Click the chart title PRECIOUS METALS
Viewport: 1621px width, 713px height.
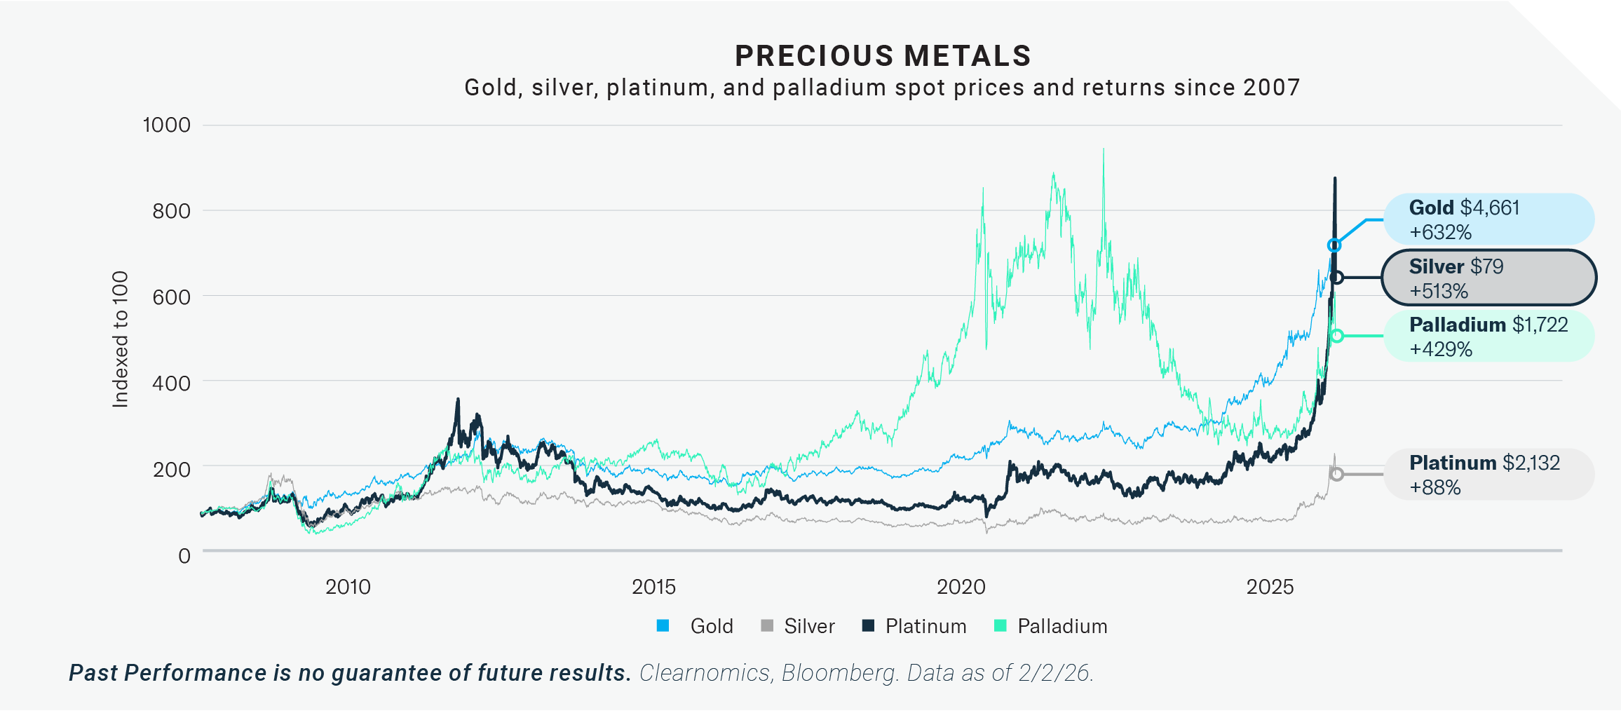(x=883, y=56)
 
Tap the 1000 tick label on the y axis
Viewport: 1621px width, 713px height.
(x=167, y=125)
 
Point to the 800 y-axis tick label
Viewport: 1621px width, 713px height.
(x=171, y=211)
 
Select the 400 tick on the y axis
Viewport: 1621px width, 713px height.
(x=171, y=383)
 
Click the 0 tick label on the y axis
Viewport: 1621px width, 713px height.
(x=184, y=556)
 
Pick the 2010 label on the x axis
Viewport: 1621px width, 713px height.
(x=348, y=587)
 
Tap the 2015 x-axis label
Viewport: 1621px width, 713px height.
(x=653, y=587)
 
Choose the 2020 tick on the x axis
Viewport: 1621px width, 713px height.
(x=961, y=587)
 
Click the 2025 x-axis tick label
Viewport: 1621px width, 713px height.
(x=1270, y=587)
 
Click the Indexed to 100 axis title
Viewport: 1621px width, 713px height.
(x=121, y=339)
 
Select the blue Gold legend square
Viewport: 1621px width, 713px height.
(x=663, y=626)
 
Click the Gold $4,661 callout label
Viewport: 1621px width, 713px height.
(x=1464, y=208)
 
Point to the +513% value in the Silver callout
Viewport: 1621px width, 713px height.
(x=1439, y=291)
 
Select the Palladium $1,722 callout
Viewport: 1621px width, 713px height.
(x=1488, y=325)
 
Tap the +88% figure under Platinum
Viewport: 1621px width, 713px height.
(x=1435, y=487)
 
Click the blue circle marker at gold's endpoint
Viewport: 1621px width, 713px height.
(x=1334, y=245)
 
